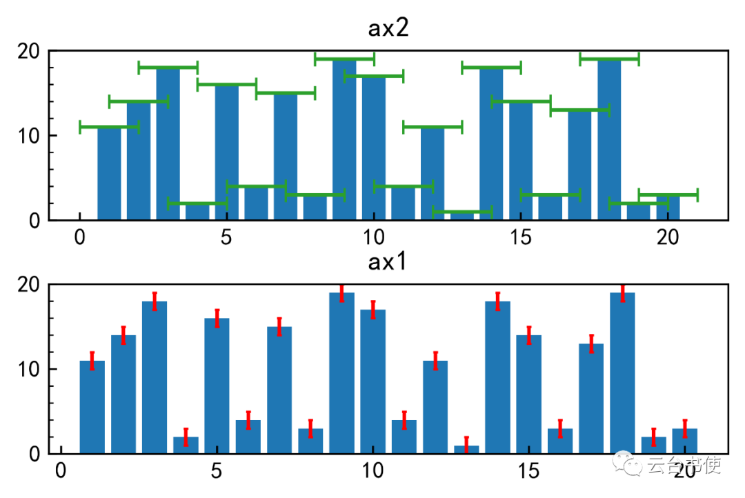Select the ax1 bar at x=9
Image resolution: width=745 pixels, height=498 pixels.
[x=341, y=372]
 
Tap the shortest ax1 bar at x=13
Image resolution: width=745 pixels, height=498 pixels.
[x=466, y=450]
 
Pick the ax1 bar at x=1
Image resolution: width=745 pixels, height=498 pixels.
[x=92, y=407]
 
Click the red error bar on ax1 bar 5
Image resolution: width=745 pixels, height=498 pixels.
[x=217, y=318]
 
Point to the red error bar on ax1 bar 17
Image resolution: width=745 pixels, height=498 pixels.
[x=591, y=343]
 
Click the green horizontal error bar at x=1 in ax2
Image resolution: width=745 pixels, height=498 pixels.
[x=109, y=127]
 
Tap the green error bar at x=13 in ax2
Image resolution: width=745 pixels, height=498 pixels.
[x=462, y=212]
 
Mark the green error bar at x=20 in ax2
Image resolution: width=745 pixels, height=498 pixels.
[x=668, y=195]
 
